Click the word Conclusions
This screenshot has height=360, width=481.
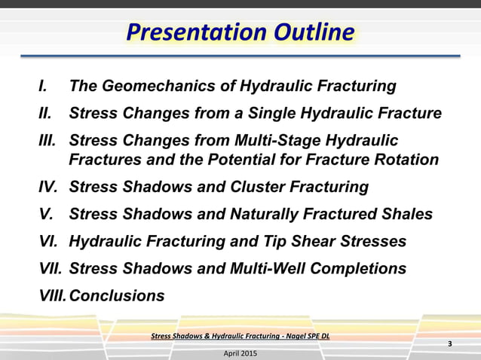pyautogui.click(x=116, y=295)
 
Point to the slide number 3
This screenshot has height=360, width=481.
pyautogui.click(x=450, y=344)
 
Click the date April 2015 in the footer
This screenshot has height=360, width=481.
pyautogui.click(x=240, y=352)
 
